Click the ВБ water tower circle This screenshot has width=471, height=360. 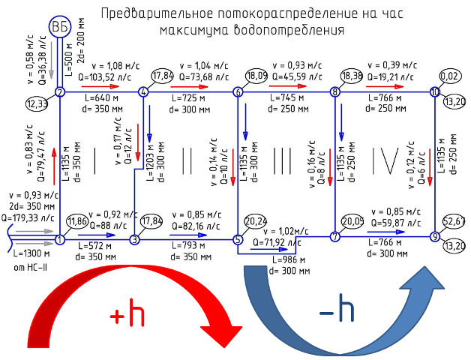point(60,27)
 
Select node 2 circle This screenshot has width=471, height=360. point(60,92)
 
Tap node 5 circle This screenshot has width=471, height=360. point(238,239)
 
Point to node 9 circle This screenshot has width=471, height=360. point(435,237)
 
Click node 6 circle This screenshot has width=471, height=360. point(238,92)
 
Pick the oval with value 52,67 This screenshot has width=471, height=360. point(454,221)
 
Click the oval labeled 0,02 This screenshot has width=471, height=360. point(450,76)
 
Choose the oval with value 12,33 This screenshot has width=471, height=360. point(37,104)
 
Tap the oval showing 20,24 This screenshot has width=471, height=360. point(256,221)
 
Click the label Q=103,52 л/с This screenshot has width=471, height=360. point(104,77)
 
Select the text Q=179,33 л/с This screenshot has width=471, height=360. point(28,217)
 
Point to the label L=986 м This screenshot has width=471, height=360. point(289,259)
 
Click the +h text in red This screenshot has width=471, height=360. point(127,313)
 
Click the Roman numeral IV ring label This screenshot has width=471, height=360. point(385,160)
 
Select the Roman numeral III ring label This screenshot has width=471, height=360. point(282,160)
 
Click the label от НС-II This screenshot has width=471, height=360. point(30,267)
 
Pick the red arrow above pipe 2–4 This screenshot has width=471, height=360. point(100,86)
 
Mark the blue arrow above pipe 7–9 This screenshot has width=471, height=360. point(386,232)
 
